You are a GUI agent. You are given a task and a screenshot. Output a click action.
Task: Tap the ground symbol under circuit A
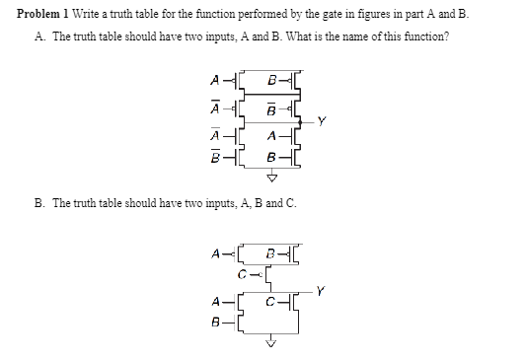[x=273, y=180]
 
